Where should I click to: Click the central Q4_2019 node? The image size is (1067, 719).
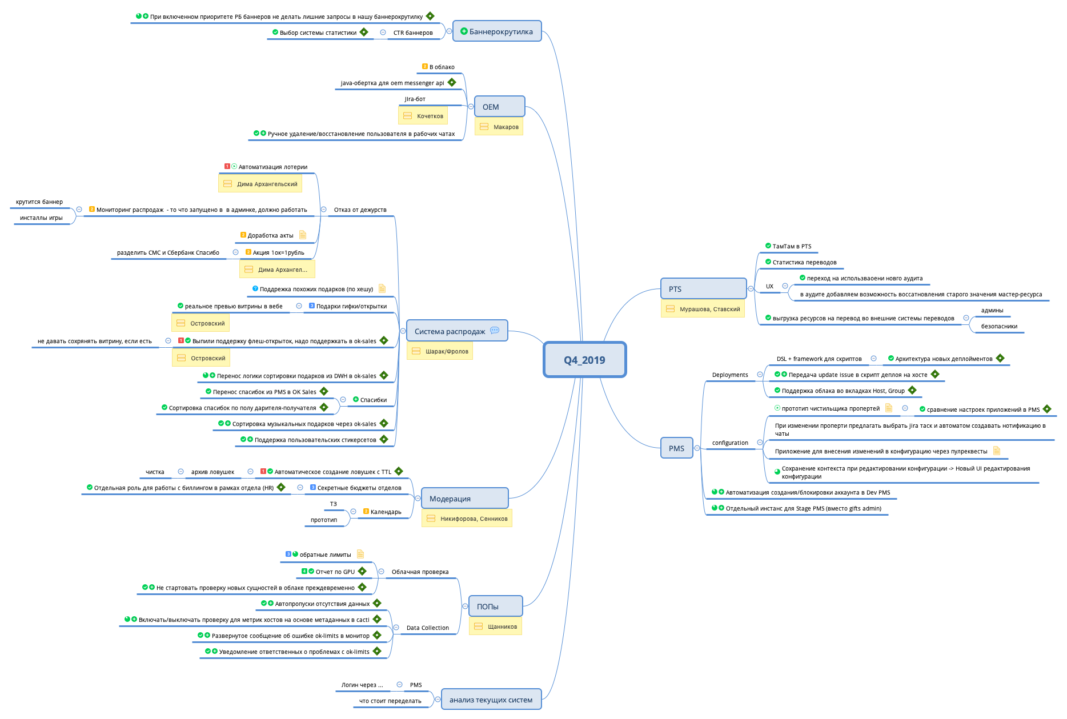click(584, 360)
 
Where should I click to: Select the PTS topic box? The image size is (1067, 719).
click(703, 289)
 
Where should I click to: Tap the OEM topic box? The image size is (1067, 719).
click(499, 107)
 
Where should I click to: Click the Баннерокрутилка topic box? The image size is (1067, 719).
click(497, 31)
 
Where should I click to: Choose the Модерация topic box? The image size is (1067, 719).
click(464, 499)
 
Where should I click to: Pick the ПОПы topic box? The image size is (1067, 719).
click(495, 606)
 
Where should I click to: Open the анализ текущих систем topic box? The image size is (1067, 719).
click(491, 700)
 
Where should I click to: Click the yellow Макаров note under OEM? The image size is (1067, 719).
click(499, 127)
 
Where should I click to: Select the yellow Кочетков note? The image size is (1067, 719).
click(423, 116)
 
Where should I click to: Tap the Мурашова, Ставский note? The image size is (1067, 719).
click(703, 309)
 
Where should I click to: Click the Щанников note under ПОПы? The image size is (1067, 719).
click(495, 626)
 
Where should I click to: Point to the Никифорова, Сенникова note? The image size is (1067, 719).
click(467, 519)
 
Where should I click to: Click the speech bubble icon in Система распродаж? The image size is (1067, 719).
click(495, 330)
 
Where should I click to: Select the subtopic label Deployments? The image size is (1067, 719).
click(729, 375)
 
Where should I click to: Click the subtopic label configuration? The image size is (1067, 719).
click(729, 443)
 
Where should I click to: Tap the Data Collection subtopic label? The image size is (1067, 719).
click(427, 628)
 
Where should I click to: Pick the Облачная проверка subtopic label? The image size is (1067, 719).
click(420, 572)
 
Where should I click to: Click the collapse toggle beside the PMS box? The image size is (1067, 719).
click(697, 448)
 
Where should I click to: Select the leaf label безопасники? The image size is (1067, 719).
click(999, 326)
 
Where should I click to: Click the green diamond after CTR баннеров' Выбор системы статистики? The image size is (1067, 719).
click(364, 32)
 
